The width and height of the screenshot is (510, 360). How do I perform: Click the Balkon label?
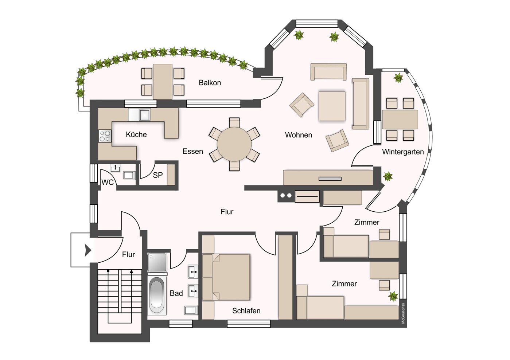click(210, 83)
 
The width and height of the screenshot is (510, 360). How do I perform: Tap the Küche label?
click(136, 134)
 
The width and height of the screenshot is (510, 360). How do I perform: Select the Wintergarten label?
click(402, 152)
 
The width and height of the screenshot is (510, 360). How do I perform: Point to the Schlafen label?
click(246, 311)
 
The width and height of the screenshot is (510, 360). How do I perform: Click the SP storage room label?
click(157, 175)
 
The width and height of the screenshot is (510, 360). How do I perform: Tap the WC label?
click(107, 182)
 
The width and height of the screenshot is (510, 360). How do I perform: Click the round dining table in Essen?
click(234, 144)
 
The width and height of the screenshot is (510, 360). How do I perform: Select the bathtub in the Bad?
click(157, 295)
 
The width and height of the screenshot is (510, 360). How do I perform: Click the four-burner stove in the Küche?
click(105, 136)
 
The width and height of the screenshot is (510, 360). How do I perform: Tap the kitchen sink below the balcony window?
click(144, 115)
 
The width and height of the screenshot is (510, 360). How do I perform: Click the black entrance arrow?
click(87, 250)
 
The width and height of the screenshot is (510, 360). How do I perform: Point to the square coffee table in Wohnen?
click(332, 106)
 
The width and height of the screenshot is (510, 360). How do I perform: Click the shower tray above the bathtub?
click(157, 262)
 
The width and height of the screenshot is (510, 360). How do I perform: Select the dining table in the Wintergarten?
click(400, 119)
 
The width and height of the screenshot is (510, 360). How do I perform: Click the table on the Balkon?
click(163, 82)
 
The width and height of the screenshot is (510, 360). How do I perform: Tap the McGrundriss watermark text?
click(403, 313)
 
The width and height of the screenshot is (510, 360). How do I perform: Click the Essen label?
click(192, 151)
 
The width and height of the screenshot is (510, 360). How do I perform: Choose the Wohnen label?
click(298, 135)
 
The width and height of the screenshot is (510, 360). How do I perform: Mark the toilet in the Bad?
click(191, 310)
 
